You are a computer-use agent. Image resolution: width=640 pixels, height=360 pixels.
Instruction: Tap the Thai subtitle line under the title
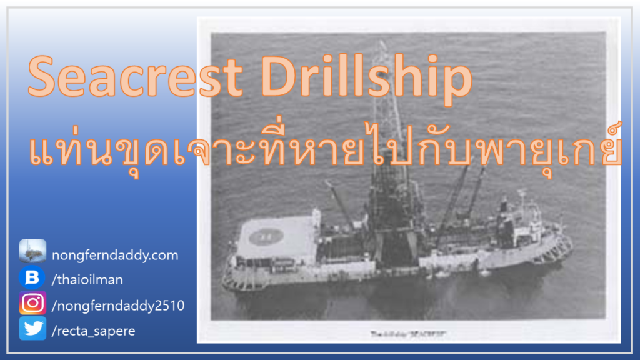(x=325, y=145)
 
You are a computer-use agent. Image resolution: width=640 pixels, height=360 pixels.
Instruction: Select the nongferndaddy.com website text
(x=116, y=255)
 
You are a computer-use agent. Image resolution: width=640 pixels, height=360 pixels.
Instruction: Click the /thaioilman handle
(x=87, y=279)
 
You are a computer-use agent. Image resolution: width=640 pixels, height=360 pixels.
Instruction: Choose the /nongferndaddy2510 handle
(x=119, y=305)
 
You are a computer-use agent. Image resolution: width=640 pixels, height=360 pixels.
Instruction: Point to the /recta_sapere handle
(x=94, y=331)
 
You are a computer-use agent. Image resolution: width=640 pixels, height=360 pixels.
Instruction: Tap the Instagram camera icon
(x=32, y=303)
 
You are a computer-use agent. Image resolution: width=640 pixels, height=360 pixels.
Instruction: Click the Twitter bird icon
(x=32, y=329)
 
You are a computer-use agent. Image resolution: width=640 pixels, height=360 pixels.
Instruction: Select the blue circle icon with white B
(x=32, y=278)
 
